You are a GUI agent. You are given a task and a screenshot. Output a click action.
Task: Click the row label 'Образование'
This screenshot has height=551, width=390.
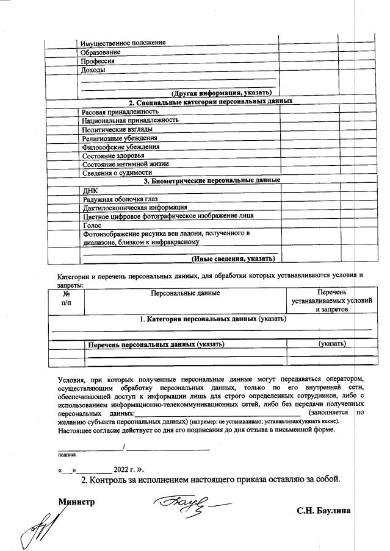[101, 52]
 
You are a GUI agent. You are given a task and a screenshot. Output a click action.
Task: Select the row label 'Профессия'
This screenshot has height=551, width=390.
[98, 61]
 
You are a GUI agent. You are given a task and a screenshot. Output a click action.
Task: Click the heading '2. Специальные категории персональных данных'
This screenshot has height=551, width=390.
[210, 102]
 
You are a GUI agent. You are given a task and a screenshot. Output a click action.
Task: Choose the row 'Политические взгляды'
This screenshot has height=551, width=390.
[117, 129]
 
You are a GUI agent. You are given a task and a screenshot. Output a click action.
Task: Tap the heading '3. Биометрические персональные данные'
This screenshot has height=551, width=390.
[211, 180]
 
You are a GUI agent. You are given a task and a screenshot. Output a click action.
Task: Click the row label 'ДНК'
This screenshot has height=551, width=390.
[90, 190]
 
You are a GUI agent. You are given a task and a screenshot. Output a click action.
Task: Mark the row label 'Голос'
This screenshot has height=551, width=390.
[92, 225]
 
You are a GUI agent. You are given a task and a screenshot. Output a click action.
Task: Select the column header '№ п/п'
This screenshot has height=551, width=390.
[66, 297]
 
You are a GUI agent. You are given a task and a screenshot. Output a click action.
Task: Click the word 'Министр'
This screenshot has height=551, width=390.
[77, 501]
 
